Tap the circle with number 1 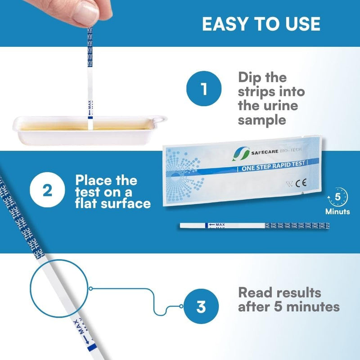pos(204,89)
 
